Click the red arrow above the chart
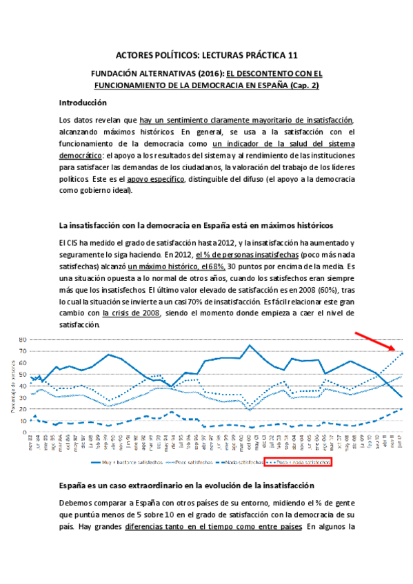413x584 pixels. pyautogui.click(x=375, y=340)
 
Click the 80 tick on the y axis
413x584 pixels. pyautogui.click(x=22, y=340)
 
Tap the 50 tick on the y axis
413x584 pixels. pyautogui.click(x=22, y=374)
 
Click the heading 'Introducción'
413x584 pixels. pyautogui.click(x=83, y=103)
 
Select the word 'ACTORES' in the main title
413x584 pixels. pyautogui.click(x=134, y=55)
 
